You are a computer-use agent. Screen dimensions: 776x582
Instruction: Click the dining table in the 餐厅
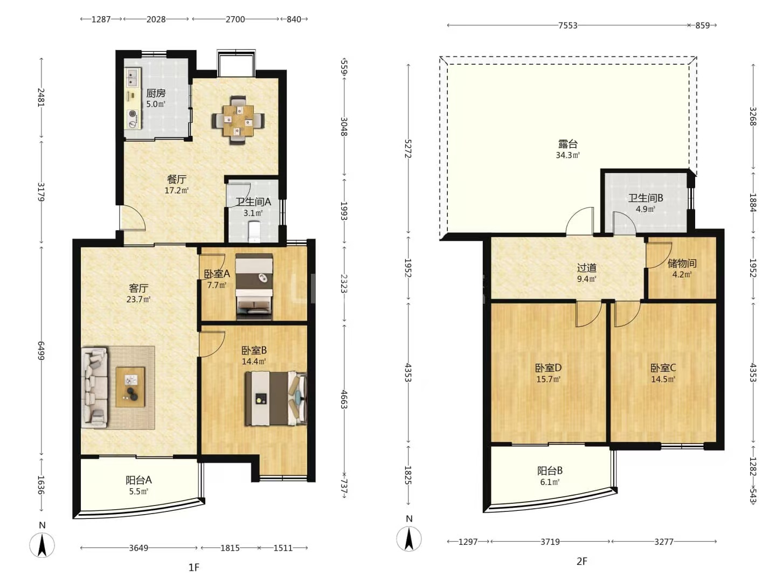click(x=238, y=121)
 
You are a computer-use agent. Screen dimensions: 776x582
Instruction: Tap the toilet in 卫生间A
click(x=254, y=232)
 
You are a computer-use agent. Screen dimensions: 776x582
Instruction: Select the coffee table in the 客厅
click(x=130, y=386)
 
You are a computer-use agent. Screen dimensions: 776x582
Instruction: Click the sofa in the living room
click(x=95, y=387)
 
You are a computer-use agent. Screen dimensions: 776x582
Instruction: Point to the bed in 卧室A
click(x=254, y=287)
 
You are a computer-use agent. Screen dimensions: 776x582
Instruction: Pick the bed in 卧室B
click(x=276, y=398)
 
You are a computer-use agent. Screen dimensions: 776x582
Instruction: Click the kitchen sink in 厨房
click(x=133, y=78)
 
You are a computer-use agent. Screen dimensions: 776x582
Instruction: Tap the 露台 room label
click(x=568, y=144)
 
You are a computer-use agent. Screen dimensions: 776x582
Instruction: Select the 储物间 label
click(x=682, y=264)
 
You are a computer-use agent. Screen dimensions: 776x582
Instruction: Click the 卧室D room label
click(x=549, y=368)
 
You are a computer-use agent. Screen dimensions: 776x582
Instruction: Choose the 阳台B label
click(x=550, y=470)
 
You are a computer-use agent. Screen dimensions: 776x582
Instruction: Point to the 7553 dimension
click(x=568, y=25)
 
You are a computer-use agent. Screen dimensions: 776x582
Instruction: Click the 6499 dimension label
click(x=41, y=351)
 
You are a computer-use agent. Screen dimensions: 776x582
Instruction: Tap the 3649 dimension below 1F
click(x=138, y=548)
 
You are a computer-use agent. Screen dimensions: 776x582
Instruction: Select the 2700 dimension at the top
click(x=235, y=19)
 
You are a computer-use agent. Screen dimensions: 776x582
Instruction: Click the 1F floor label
click(x=194, y=567)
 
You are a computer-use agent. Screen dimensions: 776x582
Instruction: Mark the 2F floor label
click(x=581, y=561)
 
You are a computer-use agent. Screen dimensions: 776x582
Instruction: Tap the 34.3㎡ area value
click(x=568, y=155)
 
